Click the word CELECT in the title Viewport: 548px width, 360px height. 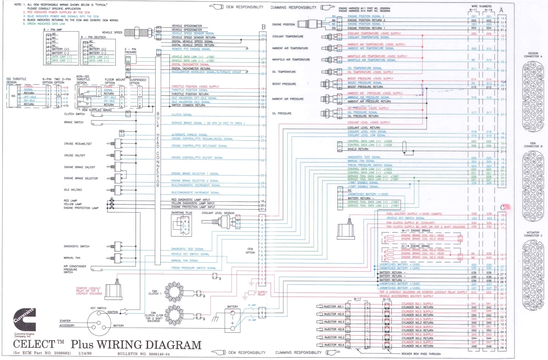(x=34, y=344)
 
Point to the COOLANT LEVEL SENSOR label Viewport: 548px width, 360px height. (x=218, y=213)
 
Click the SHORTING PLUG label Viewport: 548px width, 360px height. (x=182, y=213)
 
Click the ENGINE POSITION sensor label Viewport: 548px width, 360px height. (x=283, y=24)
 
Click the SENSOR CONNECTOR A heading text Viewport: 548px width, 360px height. (x=533, y=55)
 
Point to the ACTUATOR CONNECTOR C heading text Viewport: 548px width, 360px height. (x=533, y=234)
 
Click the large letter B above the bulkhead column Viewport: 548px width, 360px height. (x=263, y=27)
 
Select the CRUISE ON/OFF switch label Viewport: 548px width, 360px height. (x=75, y=155)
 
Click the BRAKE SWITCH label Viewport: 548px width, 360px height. (x=74, y=122)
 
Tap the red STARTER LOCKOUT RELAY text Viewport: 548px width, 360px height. (x=89, y=291)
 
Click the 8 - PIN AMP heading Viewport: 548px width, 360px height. (x=53, y=30)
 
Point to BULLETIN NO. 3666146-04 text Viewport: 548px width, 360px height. (x=144, y=354)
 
